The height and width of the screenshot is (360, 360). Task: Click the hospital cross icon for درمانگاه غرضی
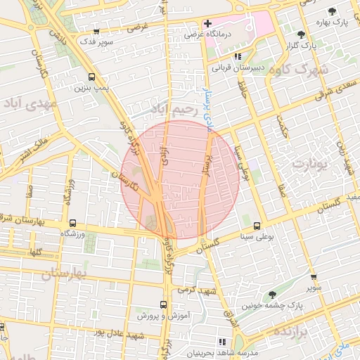click(x=207, y=23)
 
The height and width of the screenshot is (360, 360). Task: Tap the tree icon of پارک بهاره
click(x=332, y=11)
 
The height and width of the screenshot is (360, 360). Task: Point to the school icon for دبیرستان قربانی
click(x=238, y=56)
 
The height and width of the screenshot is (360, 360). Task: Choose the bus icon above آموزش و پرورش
click(x=163, y=304)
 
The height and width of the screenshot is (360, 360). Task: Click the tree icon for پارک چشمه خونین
click(x=273, y=295)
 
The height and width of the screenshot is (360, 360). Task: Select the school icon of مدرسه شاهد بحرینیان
click(x=223, y=340)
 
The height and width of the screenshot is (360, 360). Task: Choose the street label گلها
click(x=35, y=252)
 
